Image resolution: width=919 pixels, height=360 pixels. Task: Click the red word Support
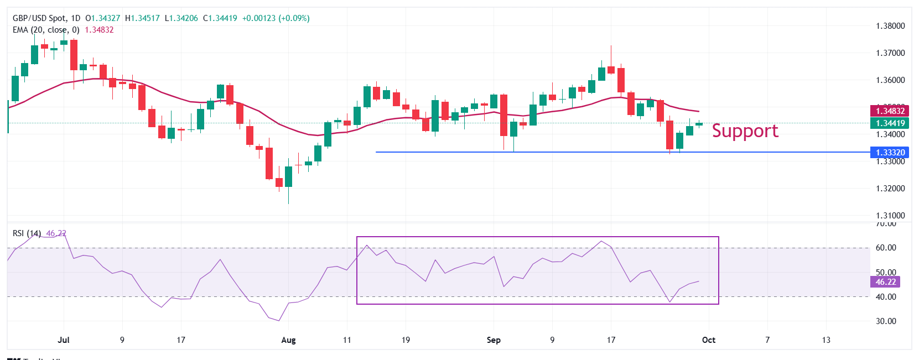click(x=745, y=131)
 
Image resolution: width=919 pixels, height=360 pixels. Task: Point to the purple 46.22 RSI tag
click(x=885, y=282)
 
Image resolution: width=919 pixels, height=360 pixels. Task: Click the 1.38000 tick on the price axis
click(x=890, y=26)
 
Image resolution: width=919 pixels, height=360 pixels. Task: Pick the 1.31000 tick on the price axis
click(x=890, y=216)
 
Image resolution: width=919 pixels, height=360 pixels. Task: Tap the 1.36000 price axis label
click(x=890, y=80)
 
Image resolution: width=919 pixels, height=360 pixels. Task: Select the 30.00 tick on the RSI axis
click(x=886, y=321)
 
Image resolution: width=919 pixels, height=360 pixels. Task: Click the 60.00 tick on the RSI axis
click(x=886, y=248)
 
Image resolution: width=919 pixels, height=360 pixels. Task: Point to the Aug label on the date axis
click(x=288, y=340)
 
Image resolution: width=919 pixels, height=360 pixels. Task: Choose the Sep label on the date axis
click(x=494, y=340)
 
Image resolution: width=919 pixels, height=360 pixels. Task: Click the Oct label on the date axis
click(x=709, y=340)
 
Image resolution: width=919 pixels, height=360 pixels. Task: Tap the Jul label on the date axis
click(x=64, y=340)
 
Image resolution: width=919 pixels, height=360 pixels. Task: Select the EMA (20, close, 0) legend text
click(x=46, y=30)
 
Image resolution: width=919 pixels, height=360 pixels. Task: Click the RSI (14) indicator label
click(x=27, y=233)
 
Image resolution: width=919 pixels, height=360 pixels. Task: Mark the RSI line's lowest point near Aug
click(x=279, y=321)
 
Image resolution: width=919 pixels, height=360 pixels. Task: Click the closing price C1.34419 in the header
click(x=220, y=18)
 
